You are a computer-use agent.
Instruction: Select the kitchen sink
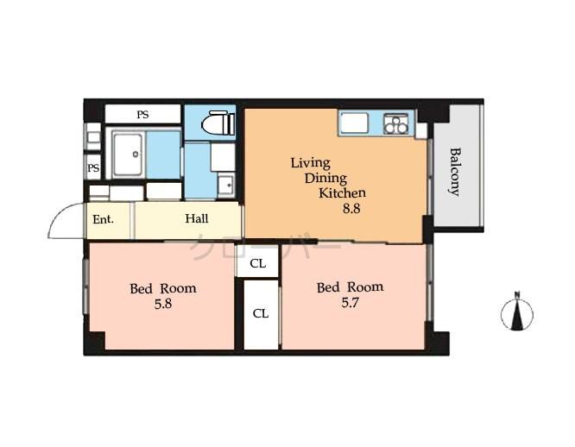tap(354, 123)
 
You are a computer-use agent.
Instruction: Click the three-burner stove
tap(395, 124)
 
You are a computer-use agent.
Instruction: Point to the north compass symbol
tap(516, 312)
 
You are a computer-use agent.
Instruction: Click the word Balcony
tap(454, 172)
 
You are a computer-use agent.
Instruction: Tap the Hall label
tap(196, 219)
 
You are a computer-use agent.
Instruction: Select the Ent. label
tap(104, 219)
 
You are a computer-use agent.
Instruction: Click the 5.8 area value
tap(162, 305)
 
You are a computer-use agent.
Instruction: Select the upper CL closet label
tap(257, 264)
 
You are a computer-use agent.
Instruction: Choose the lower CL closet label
tap(261, 313)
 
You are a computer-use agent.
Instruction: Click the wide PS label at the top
tap(142, 113)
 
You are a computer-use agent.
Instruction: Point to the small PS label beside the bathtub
tap(93, 167)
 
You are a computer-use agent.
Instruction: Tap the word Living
tap(310, 162)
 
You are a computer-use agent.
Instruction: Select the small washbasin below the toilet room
tap(224, 184)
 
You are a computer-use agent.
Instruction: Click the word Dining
tap(325, 178)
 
